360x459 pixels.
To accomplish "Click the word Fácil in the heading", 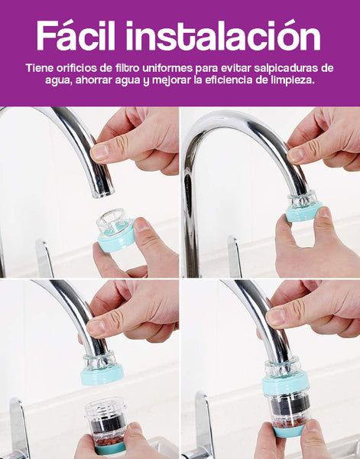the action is click(x=76, y=35).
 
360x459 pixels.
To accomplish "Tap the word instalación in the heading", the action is click(x=223, y=35).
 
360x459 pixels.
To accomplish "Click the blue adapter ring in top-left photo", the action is click(x=116, y=238).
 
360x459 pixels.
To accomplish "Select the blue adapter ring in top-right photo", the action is click(x=303, y=211).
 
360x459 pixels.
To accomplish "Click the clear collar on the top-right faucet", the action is click(x=303, y=199).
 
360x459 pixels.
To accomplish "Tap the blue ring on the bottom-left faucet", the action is click(x=102, y=376).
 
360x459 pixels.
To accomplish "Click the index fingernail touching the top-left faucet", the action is click(x=99, y=152).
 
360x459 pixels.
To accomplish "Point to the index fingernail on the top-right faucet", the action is click(x=295, y=155).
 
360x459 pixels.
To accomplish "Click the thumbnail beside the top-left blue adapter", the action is click(x=142, y=225).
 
